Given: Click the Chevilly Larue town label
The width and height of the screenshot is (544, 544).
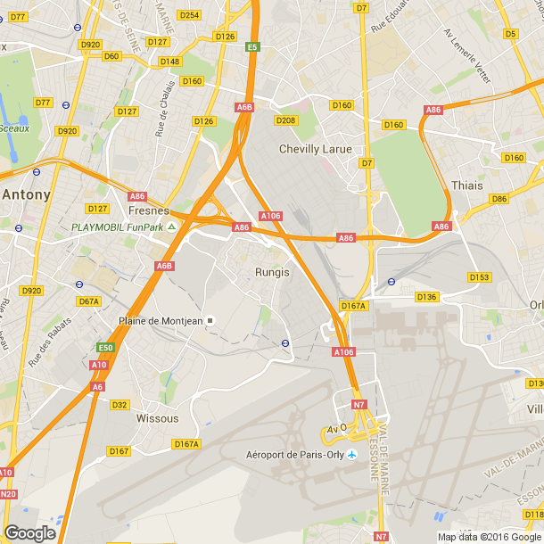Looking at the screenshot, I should point(315,149).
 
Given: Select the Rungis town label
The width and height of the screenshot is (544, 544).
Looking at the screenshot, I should point(272,272).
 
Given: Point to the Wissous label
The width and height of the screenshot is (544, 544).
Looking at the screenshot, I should point(157,417).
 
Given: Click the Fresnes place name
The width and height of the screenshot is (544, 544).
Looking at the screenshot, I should point(149,210).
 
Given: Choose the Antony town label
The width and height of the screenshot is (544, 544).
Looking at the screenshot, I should point(26,193).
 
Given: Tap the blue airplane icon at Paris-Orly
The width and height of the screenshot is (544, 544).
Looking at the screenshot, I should point(351,455).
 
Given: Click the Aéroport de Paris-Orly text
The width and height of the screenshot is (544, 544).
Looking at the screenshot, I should point(295,455).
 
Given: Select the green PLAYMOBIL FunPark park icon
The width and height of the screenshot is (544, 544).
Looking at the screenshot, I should point(172,227).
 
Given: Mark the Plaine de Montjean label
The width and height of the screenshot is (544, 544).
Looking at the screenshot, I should point(161,321).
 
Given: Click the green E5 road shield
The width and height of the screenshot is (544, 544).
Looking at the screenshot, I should point(253,46).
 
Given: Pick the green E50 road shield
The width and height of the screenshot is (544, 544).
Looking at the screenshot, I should point(106,348).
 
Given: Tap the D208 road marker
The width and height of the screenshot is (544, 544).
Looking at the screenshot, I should point(285,120).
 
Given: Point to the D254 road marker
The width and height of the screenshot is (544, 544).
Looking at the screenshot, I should point(189,15).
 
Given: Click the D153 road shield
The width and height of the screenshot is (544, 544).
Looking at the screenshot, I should point(480,277).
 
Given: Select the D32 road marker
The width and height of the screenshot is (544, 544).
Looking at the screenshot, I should point(120,404).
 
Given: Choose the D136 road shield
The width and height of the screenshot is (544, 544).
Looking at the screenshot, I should point(427,296).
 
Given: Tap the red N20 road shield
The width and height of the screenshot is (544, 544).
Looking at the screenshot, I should point(8,493).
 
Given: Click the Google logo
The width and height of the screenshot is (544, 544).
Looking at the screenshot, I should point(29,532).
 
